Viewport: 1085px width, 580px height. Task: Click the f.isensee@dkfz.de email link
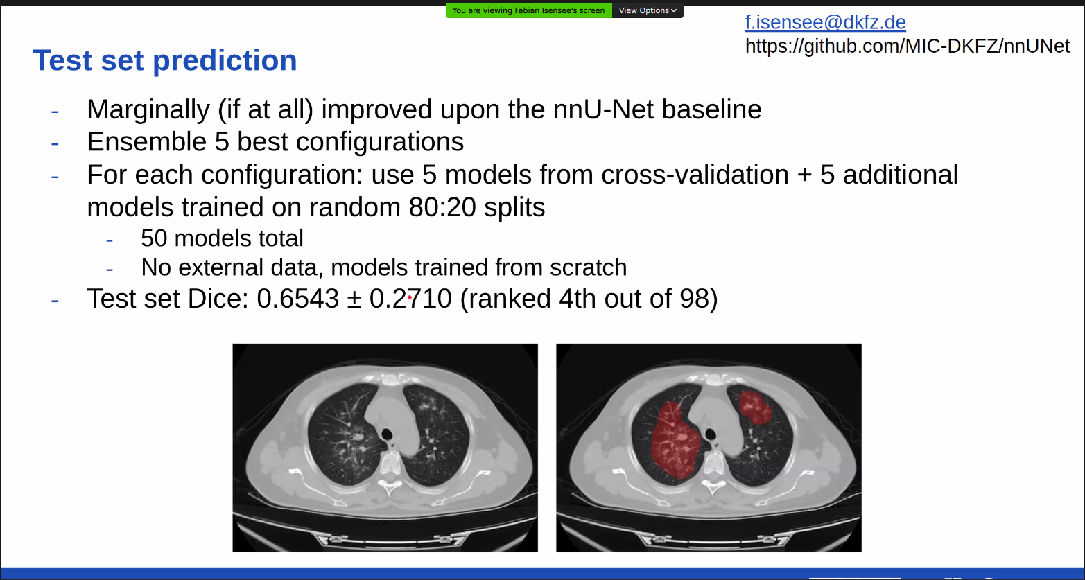826,22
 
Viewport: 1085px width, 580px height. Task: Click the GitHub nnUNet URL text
908,46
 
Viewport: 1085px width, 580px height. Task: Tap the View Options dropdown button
648,10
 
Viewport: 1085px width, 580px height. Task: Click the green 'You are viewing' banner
528,10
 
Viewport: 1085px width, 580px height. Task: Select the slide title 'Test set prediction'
165,60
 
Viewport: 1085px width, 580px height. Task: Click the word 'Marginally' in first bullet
148,110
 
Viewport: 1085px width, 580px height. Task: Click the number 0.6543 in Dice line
297,298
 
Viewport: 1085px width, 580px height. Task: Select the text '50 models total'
223,238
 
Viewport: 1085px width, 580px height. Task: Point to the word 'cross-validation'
695,175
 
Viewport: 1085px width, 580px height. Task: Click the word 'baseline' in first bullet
711,109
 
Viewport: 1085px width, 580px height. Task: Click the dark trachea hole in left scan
387,434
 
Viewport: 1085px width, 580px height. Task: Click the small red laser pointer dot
410,298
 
